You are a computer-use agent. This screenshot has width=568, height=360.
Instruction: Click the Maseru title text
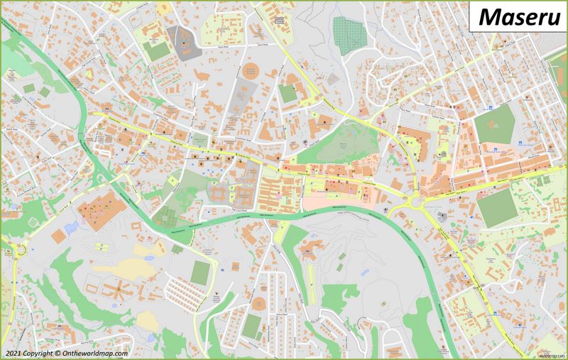(x=517, y=16)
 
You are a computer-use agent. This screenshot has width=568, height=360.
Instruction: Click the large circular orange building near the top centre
(x=249, y=72)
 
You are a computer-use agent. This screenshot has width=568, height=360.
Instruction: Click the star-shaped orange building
(x=116, y=292)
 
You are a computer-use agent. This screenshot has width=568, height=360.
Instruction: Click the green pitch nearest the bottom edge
(x=251, y=326)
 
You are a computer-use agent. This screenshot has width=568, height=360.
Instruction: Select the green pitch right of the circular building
(x=288, y=93)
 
